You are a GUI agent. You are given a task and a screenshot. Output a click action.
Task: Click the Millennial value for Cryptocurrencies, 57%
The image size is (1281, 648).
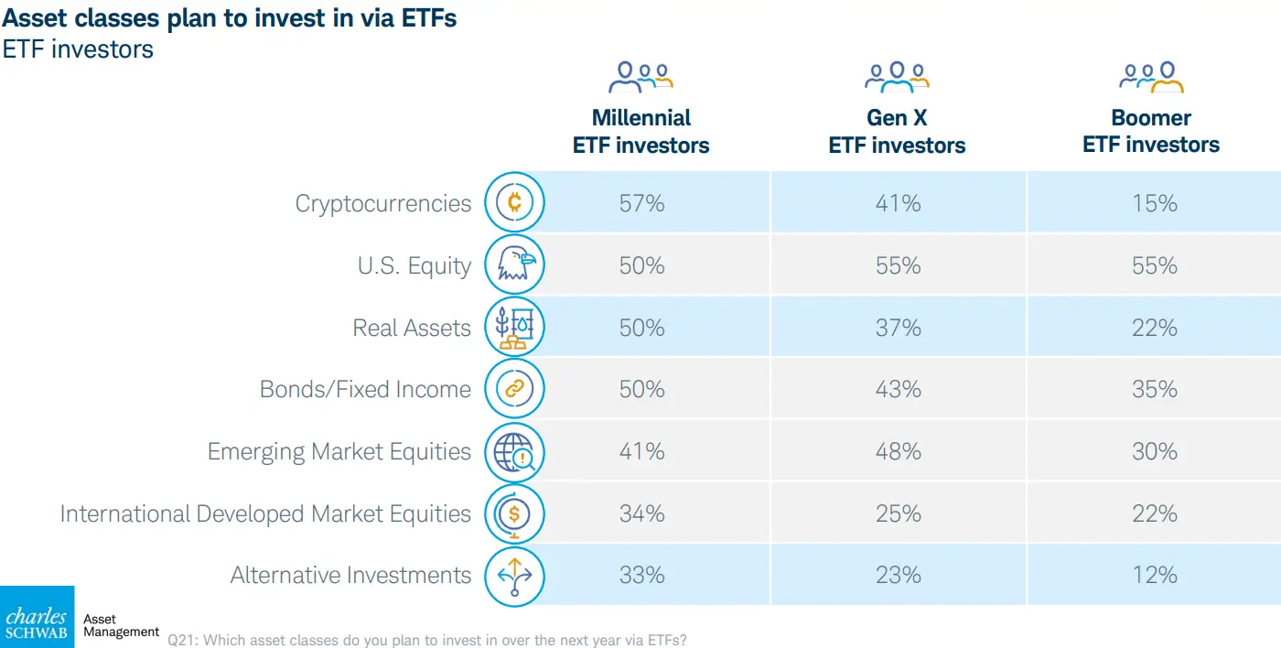click(641, 203)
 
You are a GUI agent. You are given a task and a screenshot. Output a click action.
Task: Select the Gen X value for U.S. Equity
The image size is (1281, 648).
click(898, 265)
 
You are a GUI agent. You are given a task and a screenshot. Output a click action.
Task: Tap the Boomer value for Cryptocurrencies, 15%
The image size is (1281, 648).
click(1154, 203)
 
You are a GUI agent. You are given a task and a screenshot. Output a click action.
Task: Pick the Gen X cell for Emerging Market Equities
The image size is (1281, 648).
click(898, 451)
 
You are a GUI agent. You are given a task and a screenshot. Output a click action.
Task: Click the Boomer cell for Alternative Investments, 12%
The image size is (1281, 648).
click(1154, 575)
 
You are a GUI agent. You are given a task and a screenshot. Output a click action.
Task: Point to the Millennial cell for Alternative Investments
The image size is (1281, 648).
click(641, 575)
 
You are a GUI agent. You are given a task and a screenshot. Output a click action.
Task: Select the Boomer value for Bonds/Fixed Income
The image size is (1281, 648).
click(1154, 389)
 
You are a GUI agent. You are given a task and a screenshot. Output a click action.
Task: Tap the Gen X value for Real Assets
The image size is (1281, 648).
click(898, 328)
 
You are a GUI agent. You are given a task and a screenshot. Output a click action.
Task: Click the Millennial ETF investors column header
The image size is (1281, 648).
click(640, 132)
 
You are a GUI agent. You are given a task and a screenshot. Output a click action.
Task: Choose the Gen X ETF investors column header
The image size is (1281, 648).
click(897, 132)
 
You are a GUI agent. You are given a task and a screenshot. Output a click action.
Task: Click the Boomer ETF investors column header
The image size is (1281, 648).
click(1151, 132)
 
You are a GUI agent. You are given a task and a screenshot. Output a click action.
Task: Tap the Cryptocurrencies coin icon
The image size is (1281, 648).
click(514, 202)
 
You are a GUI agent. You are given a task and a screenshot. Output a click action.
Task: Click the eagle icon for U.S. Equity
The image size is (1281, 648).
click(514, 265)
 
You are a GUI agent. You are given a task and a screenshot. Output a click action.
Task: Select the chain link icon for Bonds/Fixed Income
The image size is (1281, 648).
click(514, 389)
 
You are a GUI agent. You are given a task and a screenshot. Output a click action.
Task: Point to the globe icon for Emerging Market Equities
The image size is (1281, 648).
click(514, 451)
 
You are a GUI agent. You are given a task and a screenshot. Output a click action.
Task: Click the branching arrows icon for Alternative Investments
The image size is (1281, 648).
click(514, 576)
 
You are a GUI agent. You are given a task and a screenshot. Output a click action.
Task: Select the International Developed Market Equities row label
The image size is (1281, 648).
click(265, 513)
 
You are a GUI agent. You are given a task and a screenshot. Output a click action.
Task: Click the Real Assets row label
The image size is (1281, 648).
click(412, 328)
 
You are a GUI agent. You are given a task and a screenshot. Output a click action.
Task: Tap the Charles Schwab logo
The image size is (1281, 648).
click(37, 617)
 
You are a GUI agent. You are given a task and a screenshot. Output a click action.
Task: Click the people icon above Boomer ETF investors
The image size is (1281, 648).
click(1151, 77)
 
